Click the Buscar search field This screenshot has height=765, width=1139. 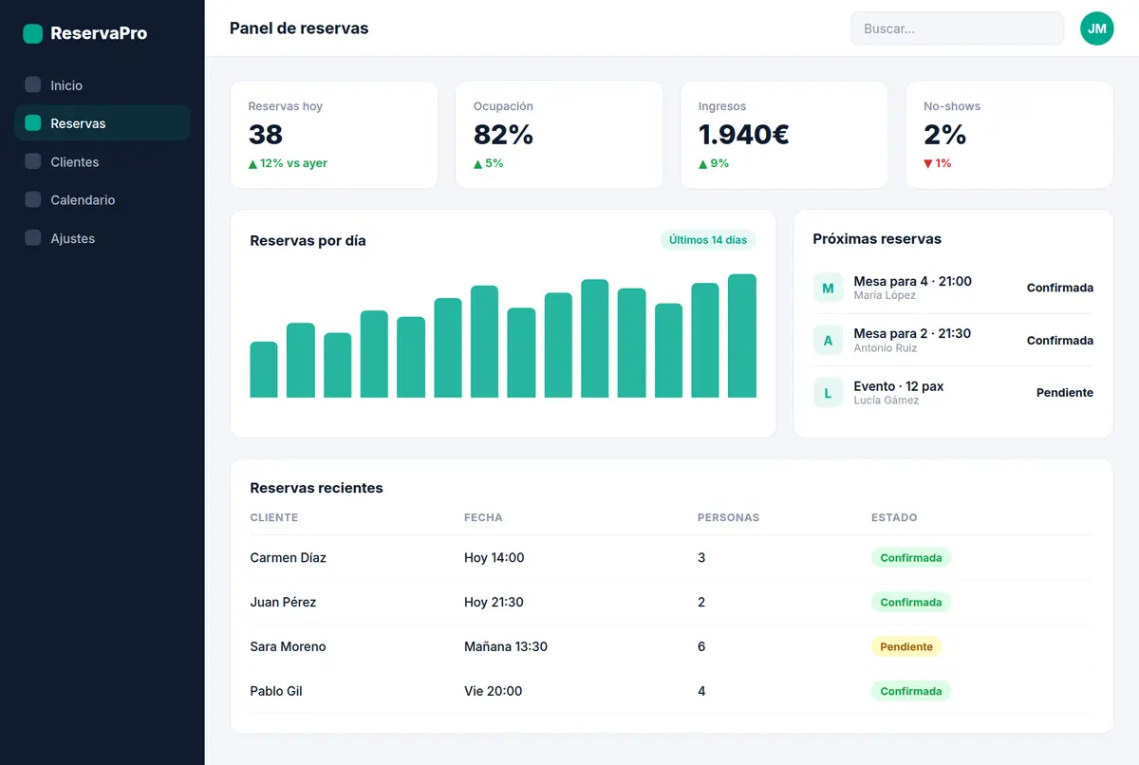tap(957, 28)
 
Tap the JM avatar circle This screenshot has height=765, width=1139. tap(1097, 28)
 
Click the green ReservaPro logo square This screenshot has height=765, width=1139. tap(33, 33)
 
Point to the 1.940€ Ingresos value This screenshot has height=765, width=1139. tap(743, 135)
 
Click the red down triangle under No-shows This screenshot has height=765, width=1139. tap(928, 163)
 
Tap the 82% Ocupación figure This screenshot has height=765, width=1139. tap(503, 135)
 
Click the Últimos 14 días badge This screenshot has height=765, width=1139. tap(708, 240)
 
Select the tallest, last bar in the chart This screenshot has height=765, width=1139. tap(742, 335)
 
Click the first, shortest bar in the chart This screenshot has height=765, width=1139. tap(264, 369)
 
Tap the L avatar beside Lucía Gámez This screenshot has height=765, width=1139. tap(828, 393)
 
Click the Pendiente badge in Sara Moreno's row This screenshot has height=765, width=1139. tap(906, 646)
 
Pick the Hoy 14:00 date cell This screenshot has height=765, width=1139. tap(494, 557)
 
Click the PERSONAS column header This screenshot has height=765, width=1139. tap(728, 517)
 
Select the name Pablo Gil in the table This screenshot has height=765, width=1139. tap(276, 691)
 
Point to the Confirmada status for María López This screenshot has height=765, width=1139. tap(1059, 288)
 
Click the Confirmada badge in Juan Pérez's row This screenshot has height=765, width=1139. tap(910, 603)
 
